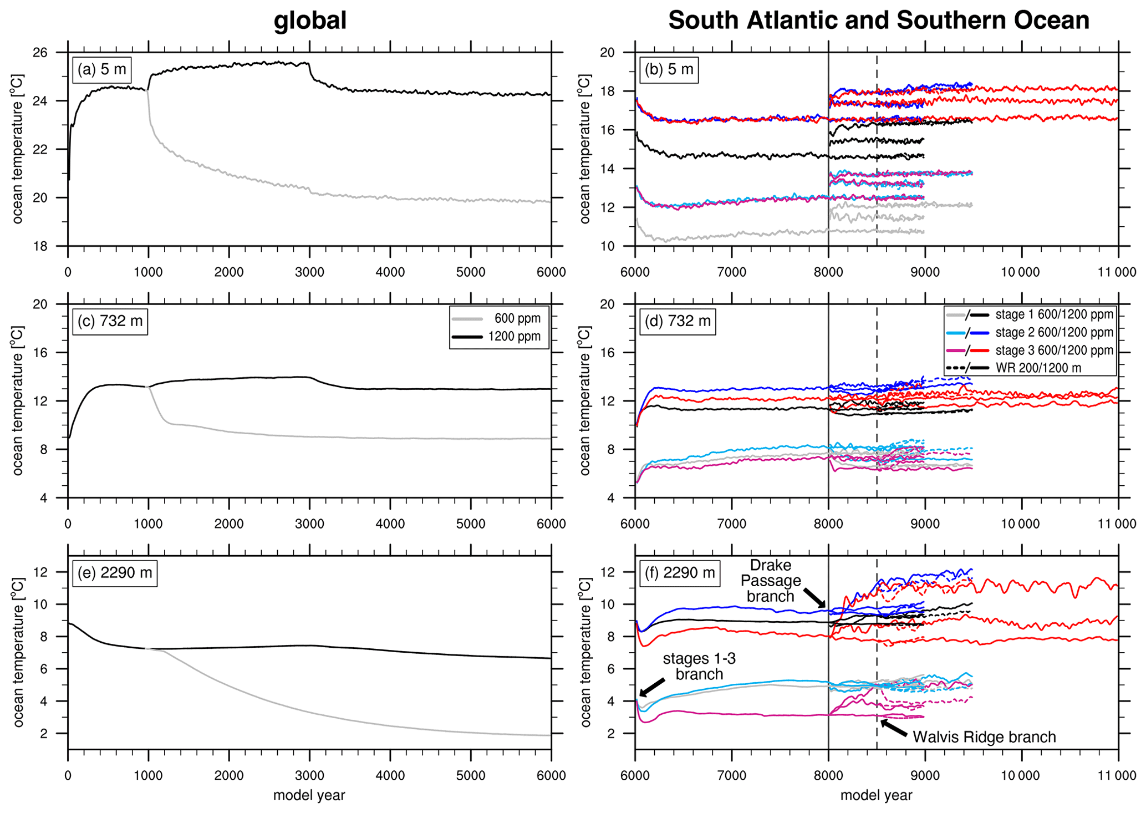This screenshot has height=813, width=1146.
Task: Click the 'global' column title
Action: point(310,21)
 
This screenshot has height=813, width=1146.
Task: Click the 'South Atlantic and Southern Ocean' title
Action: point(878,21)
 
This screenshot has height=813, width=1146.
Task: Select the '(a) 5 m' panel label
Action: point(102,70)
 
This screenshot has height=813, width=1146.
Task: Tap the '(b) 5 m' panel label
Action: point(669,70)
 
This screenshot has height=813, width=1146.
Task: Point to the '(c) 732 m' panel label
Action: point(110,321)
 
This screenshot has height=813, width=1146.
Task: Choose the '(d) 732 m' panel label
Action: point(677,321)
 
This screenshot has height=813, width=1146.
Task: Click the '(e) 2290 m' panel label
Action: point(115,573)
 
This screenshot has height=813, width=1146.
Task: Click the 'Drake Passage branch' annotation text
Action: point(771,581)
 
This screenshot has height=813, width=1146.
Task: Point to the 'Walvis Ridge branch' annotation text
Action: point(984,737)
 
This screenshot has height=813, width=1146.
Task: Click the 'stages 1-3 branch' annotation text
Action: point(699,667)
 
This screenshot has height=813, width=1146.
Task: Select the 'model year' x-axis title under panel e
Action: point(309,795)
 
